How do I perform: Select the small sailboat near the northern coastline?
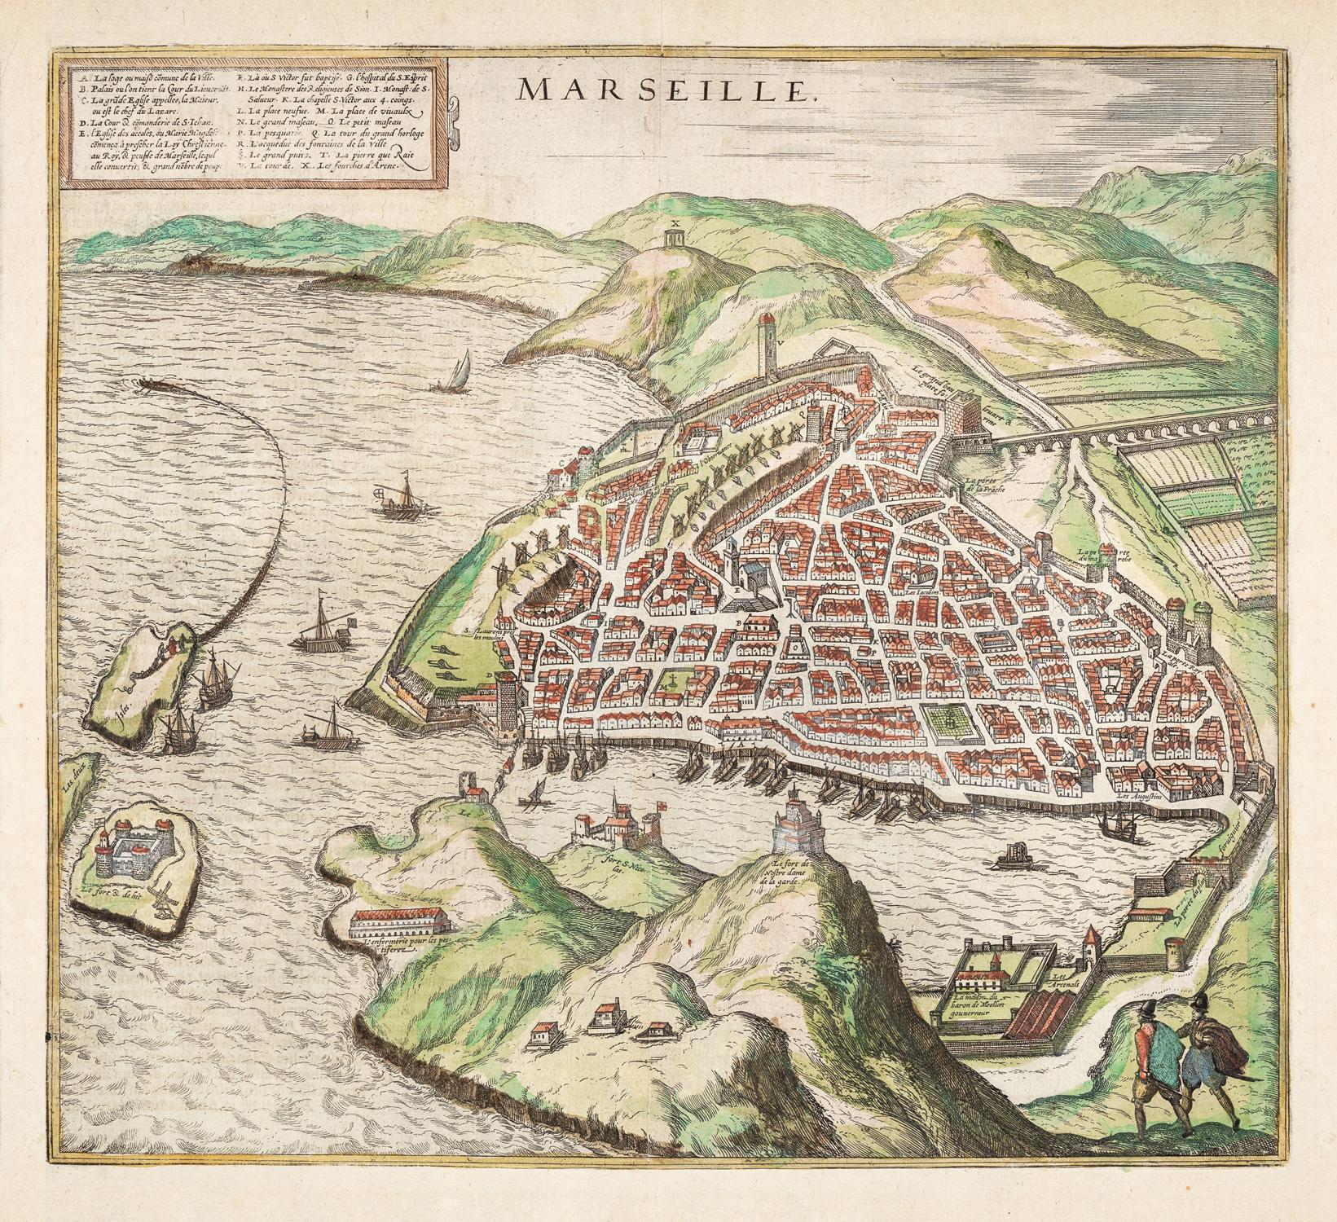tap(457, 372)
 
